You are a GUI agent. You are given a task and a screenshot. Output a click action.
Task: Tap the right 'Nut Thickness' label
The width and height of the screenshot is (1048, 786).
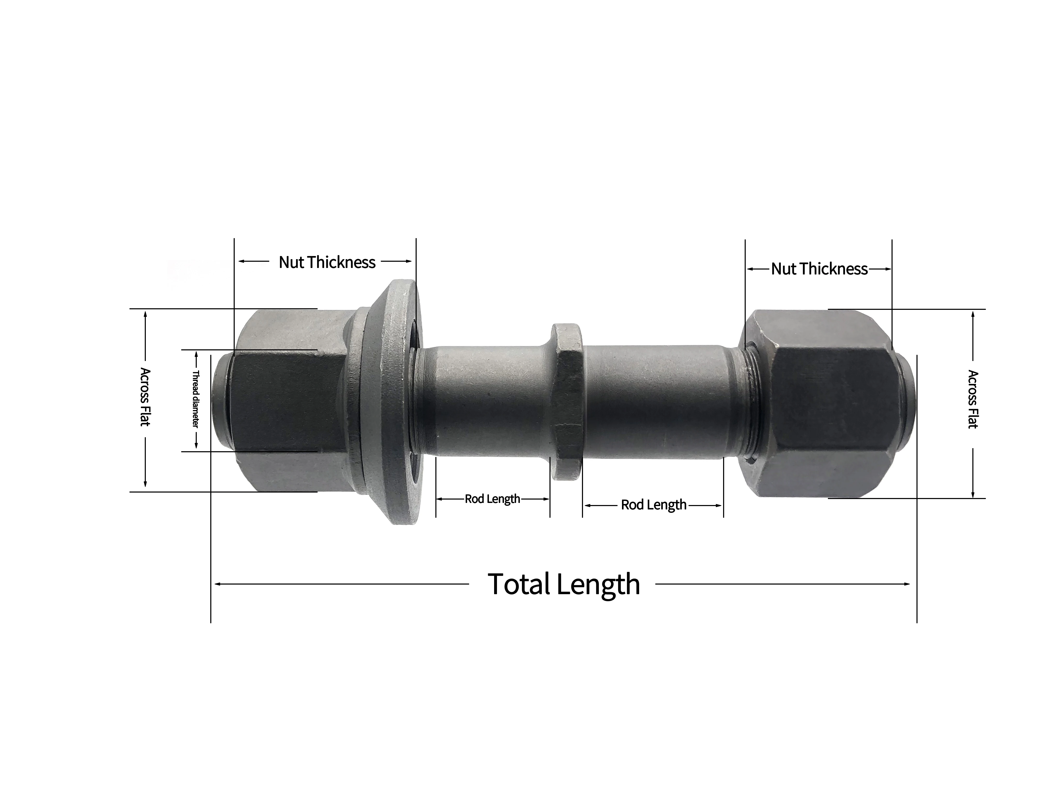(x=819, y=269)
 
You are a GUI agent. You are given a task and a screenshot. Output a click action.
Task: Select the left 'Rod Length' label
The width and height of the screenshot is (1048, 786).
(x=492, y=499)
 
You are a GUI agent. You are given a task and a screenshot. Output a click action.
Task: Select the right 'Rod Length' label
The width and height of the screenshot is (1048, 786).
(x=653, y=505)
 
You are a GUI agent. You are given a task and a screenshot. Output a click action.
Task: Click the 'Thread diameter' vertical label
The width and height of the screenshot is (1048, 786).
(x=195, y=399)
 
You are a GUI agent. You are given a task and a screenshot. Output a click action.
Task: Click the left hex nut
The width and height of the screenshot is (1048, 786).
(x=289, y=400)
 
